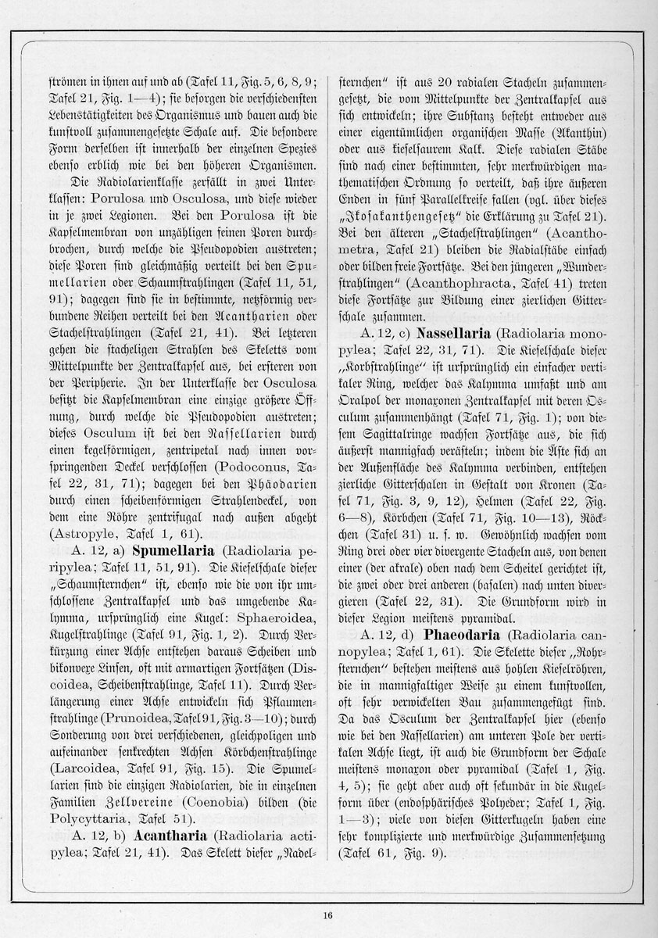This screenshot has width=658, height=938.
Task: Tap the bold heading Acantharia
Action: click(167, 836)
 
